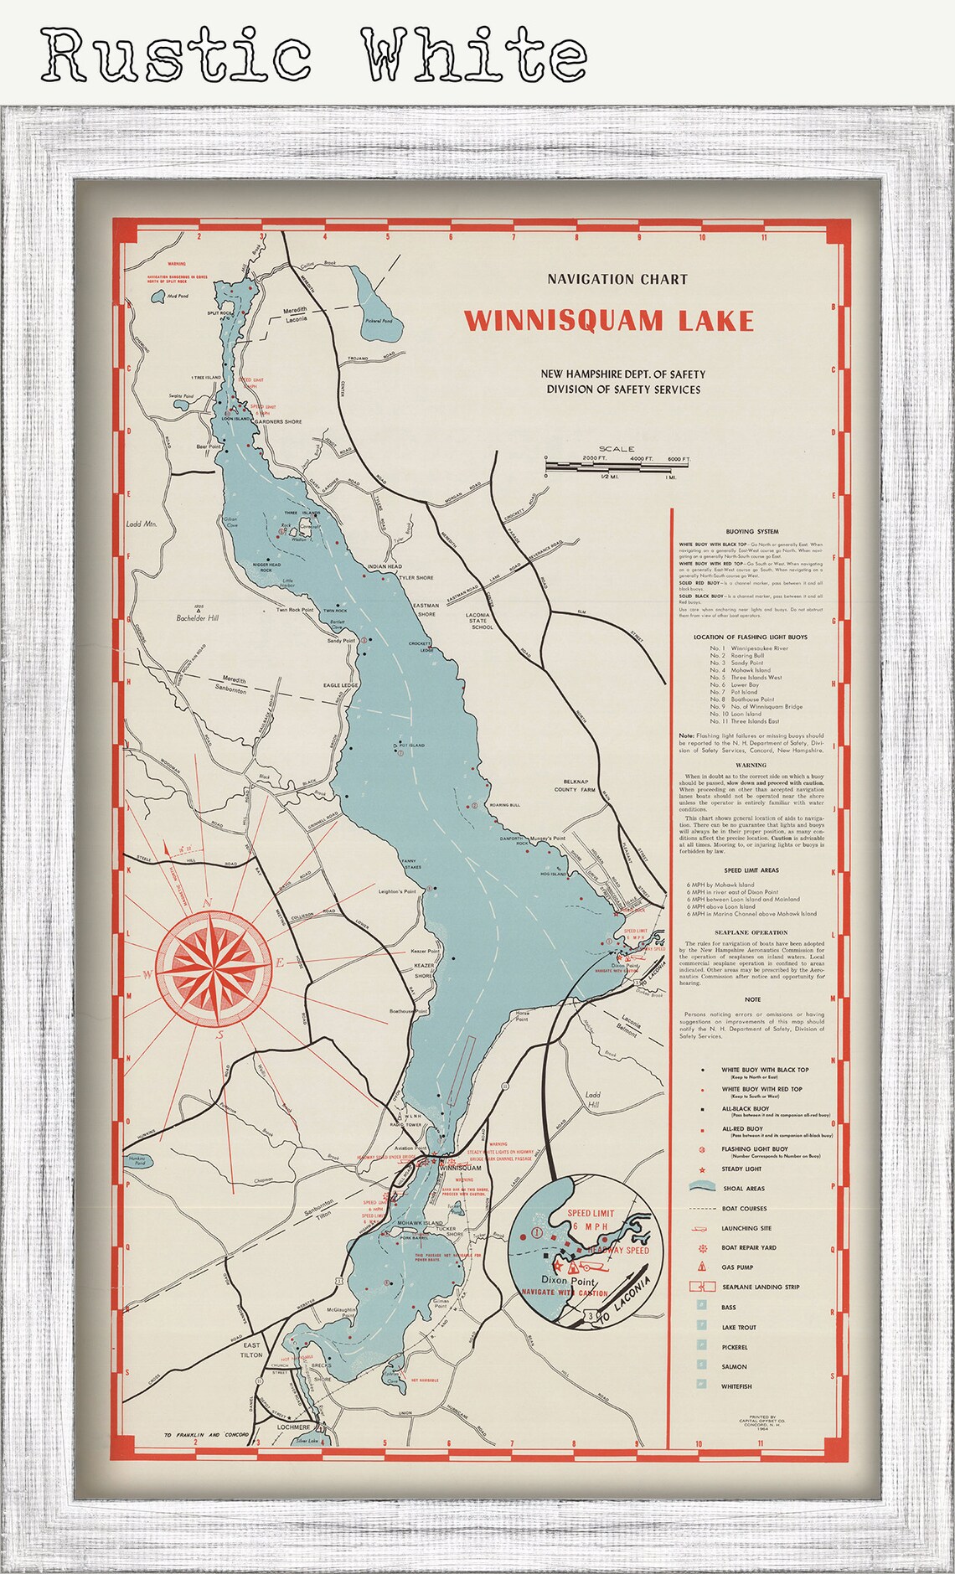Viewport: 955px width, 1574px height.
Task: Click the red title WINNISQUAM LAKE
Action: [x=609, y=321]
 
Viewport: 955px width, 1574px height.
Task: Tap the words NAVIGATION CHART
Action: [x=617, y=279]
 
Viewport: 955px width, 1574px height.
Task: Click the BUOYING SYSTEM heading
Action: [x=751, y=531]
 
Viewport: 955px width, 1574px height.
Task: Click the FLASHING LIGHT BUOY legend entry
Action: [x=754, y=1149]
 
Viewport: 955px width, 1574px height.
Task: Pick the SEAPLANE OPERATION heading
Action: [x=751, y=932]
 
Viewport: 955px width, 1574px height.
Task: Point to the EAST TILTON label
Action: [x=250, y=1350]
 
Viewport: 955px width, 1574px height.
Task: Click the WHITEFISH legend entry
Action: [x=736, y=1386]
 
